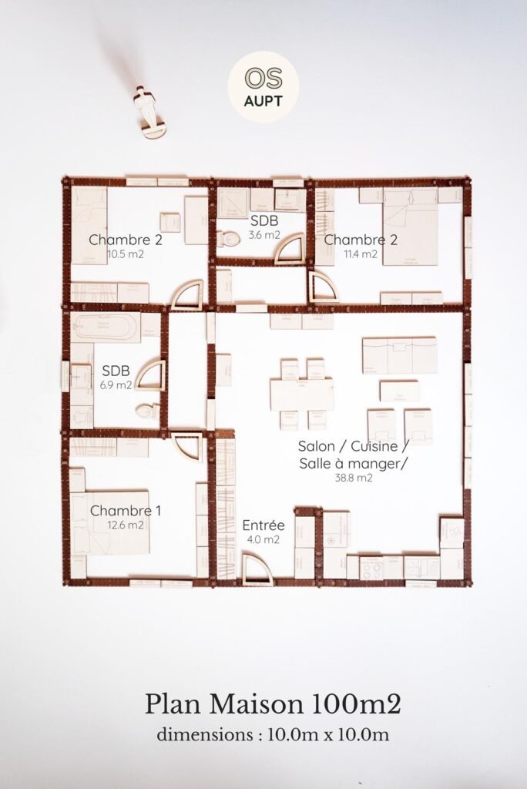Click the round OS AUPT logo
(263, 86)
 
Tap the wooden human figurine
(152, 112)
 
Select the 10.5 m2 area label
(125, 253)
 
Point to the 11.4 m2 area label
(360, 253)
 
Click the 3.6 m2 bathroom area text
(263, 235)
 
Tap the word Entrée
(263, 525)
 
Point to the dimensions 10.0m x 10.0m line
(273, 734)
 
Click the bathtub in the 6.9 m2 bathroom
(106, 327)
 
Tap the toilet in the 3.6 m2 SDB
(228, 239)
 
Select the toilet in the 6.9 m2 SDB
(147, 410)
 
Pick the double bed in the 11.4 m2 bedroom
(410, 227)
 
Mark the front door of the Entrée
(257, 570)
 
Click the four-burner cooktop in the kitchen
(371, 568)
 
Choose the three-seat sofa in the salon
(399, 354)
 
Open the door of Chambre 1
(186, 446)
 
